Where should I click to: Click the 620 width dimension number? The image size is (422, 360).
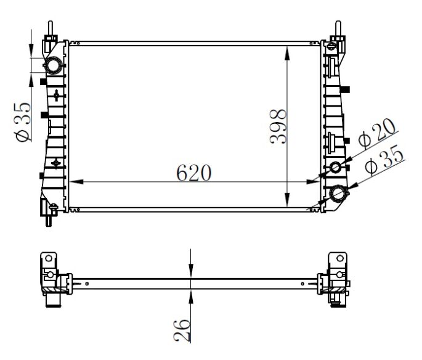tap(193, 173)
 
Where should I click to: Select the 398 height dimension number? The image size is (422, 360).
tap(278, 126)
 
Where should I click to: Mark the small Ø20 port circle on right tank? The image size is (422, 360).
tap(336, 168)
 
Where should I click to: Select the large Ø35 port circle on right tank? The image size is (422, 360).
tap(338, 194)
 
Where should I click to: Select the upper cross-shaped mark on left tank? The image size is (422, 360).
tap(56, 96)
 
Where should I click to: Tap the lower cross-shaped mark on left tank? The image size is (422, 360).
tap(56, 163)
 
